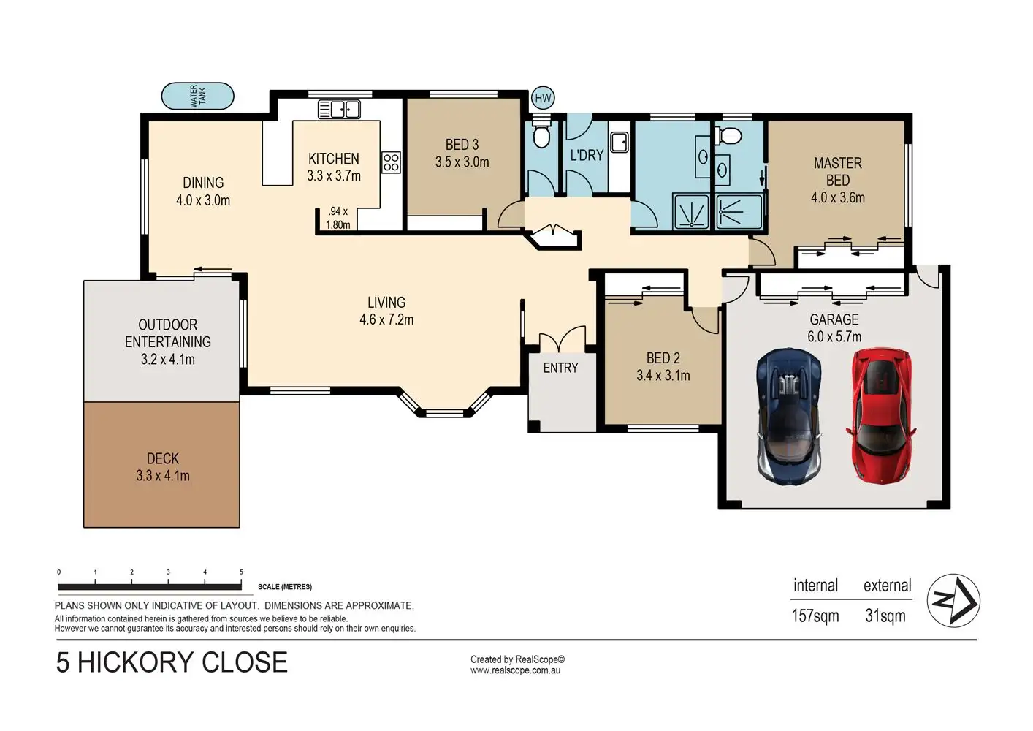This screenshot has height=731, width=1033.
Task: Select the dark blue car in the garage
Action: [788, 416]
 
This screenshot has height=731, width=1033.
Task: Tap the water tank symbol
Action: [197, 96]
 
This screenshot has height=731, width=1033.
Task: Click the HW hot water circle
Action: [543, 98]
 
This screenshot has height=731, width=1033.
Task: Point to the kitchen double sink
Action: [339, 110]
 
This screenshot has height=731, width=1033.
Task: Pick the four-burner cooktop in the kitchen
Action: [391, 162]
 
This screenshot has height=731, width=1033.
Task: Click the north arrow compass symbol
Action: [953, 600]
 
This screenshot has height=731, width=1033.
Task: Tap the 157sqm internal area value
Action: [815, 616]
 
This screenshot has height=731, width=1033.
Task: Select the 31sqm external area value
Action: [885, 616]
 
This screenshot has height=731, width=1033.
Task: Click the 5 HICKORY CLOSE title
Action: [172, 662]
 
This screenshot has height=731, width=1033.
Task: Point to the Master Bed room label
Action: [837, 171]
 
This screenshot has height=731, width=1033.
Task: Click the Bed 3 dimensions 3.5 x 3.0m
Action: [462, 162]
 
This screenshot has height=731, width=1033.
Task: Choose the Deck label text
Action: [163, 458]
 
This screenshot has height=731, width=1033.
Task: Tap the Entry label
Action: [560, 368]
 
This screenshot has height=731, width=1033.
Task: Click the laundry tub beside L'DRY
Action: [620, 142]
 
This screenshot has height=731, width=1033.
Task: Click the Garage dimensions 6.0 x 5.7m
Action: [834, 336]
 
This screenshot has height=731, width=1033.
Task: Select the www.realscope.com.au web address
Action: [515, 670]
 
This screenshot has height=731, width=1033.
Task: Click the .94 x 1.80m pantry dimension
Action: [338, 218]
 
